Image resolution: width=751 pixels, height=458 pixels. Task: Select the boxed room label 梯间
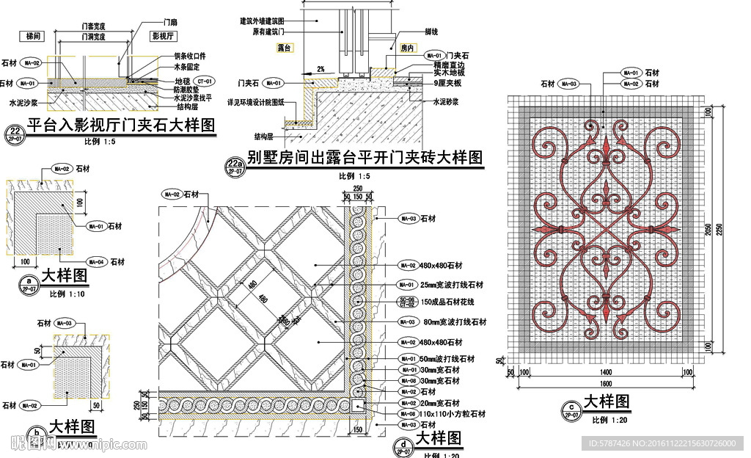pyautogui.click(x=34, y=35)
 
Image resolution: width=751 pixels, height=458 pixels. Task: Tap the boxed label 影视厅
pyautogui.click(x=161, y=35)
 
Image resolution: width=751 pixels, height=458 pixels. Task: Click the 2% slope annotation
pyautogui.click(x=320, y=68)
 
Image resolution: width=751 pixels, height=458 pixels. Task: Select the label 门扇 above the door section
pyautogui.click(x=170, y=23)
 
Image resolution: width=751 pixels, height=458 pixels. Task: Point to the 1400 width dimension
pyautogui.click(x=605, y=373)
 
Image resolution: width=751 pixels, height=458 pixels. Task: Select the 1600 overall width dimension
pyautogui.click(x=605, y=384)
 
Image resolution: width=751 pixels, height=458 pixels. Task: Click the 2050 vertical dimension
pyautogui.click(x=708, y=229)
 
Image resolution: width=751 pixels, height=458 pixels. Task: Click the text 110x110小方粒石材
pyautogui.click(x=453, y=415)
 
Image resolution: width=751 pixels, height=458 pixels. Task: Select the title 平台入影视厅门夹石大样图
pyautogui.click(x=121, y=126)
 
